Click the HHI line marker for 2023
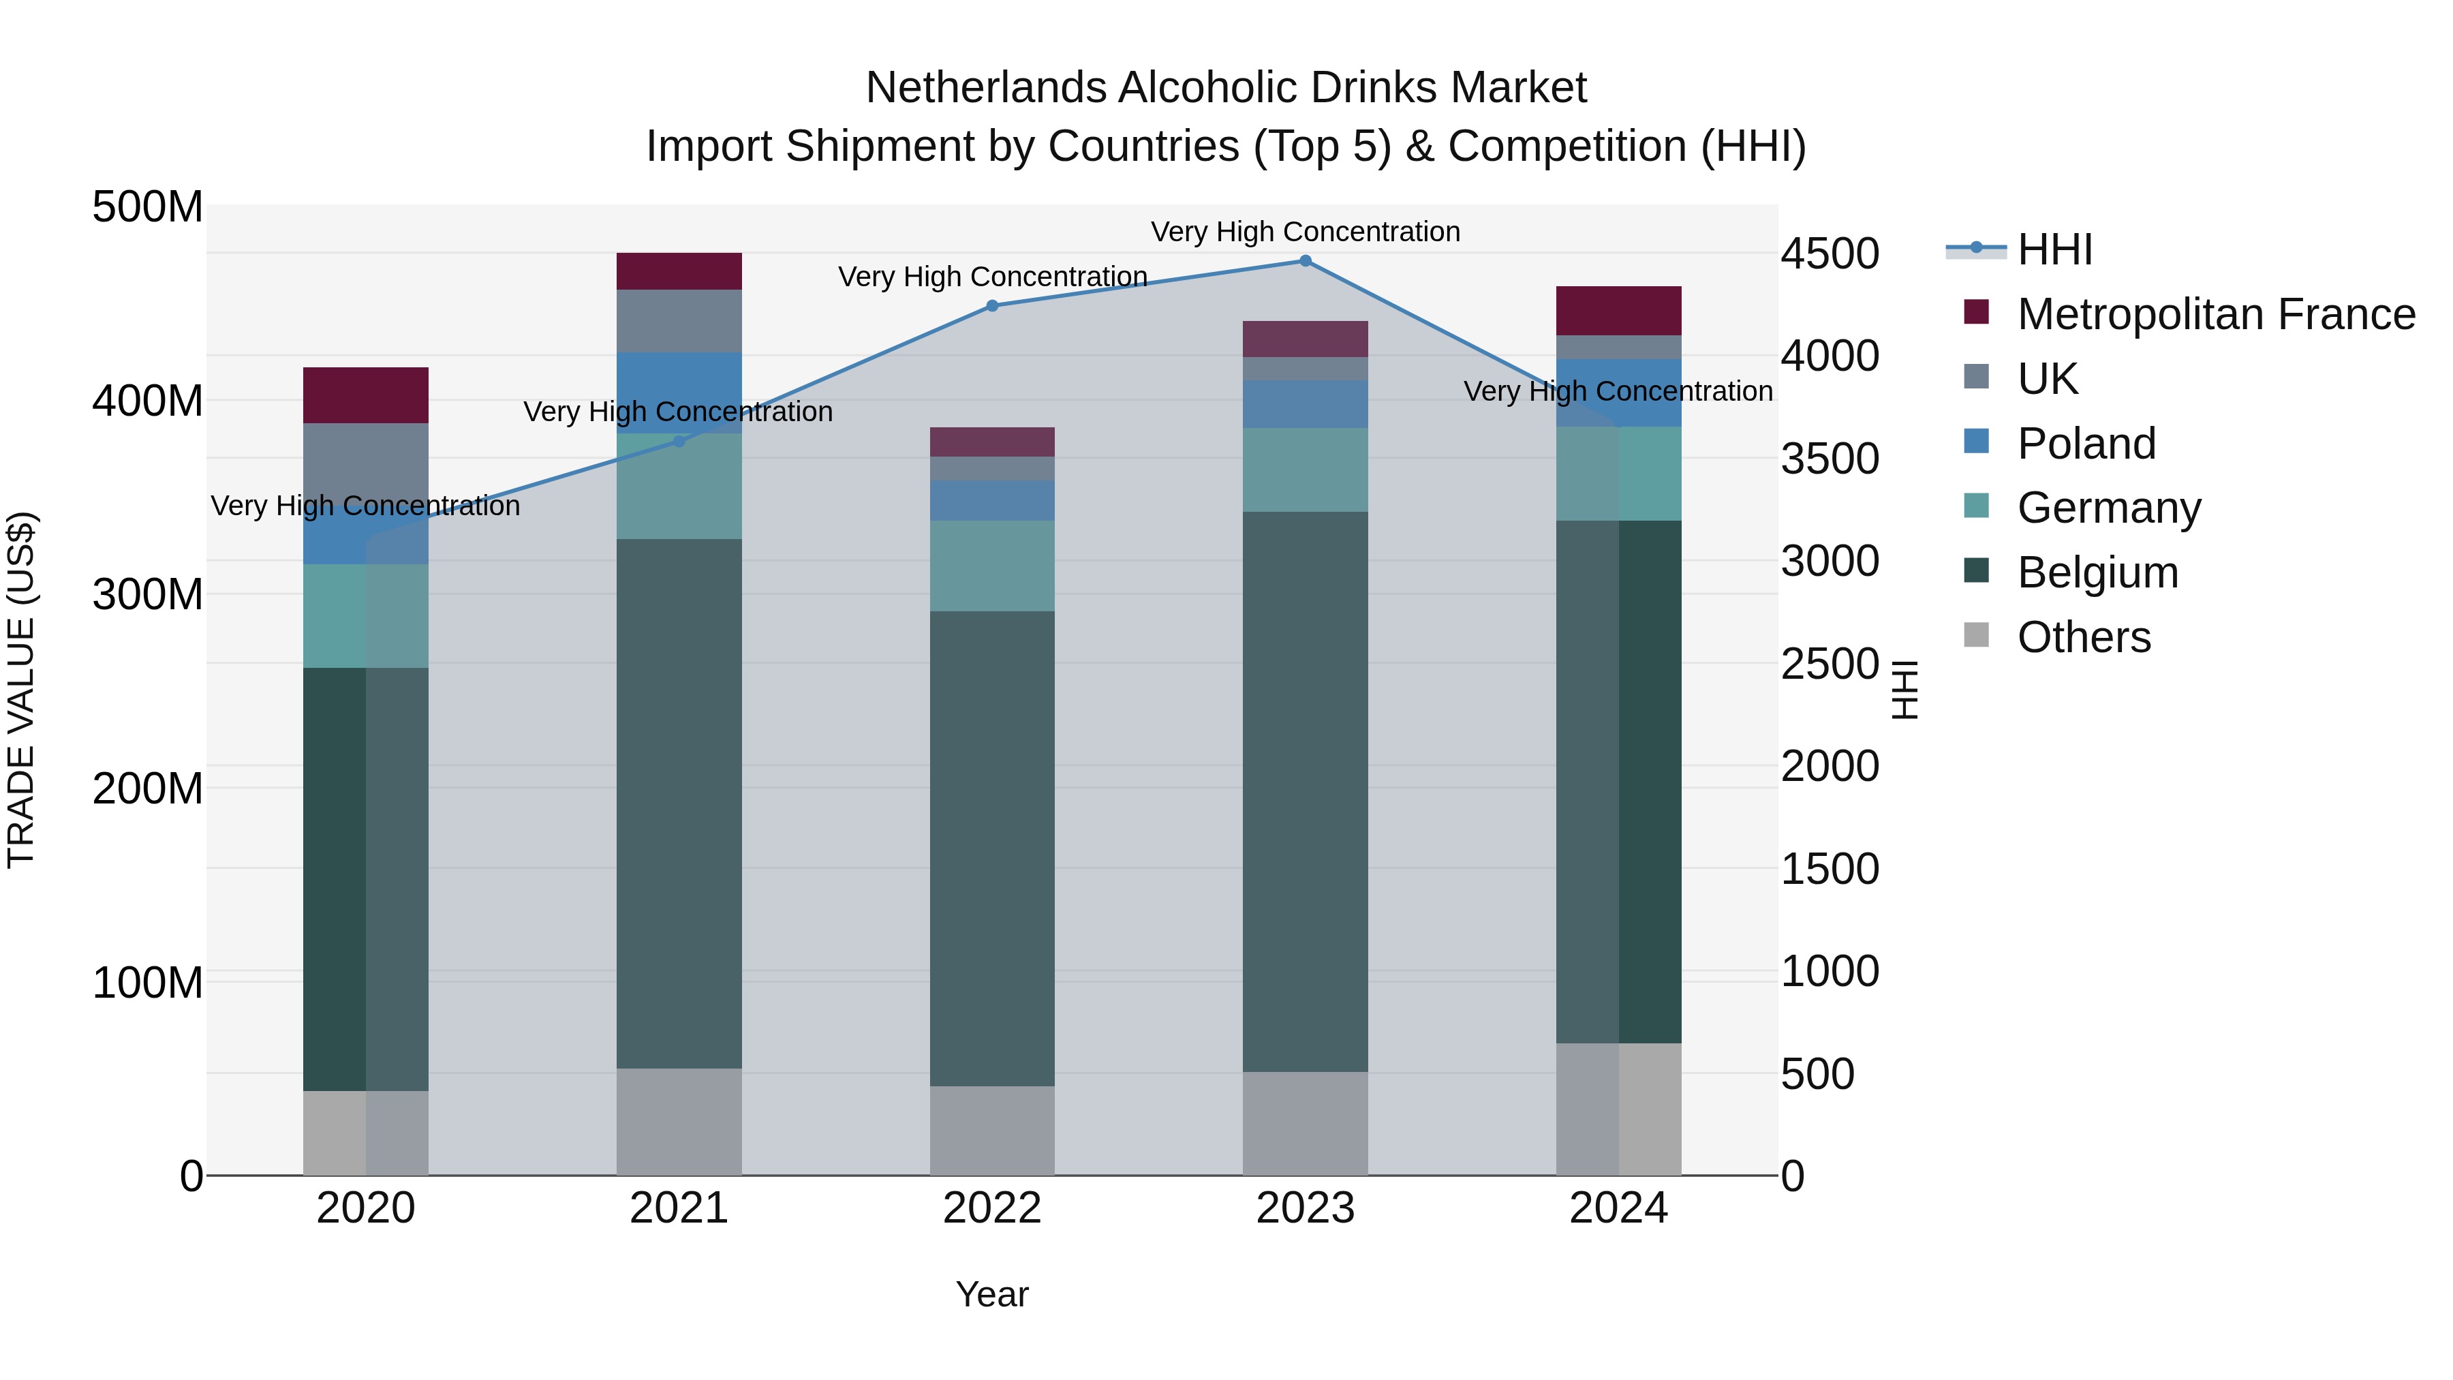tap(1305, 261)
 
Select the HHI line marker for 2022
tap(991, 306)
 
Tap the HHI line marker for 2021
tap(679, 441)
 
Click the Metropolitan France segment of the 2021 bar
tap(679, 271)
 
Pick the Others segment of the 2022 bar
tap(991, 1131)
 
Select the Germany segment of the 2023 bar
tap(1305, 470)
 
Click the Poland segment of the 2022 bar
tap(991, 500)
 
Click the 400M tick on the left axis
tap(148, 401)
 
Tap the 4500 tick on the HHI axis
tap(1830, 254)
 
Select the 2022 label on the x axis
tap(991, 1208)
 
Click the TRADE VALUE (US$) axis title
tap(21, 690)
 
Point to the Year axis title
tap(991, 1294)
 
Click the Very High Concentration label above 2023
tap(1305, 232)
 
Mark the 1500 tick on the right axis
tap(1830, 869)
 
